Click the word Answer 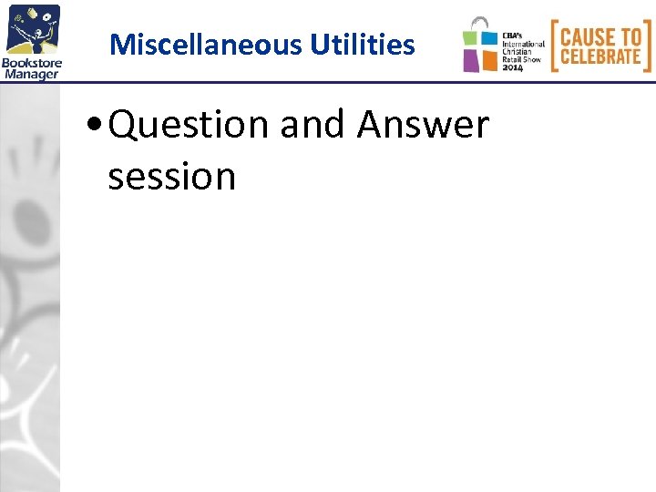coord(424,125)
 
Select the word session coord(172,175)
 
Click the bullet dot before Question coord(97,127)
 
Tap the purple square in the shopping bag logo coord(471,60)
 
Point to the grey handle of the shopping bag coord(479,22)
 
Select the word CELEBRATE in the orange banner coord(600,56)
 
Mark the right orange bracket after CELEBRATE coord(648,46)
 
